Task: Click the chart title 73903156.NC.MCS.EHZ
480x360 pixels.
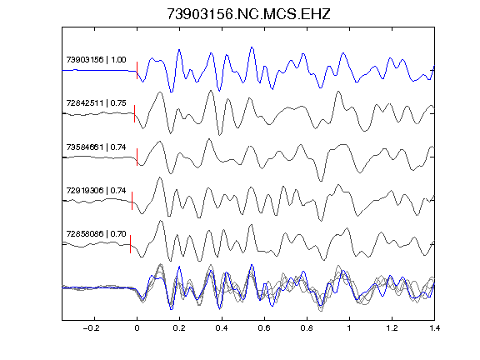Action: pos(248,14)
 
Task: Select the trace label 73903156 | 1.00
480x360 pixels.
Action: pos(96,59)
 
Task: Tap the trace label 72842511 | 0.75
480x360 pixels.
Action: pos(96,102)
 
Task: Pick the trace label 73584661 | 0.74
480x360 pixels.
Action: pos(96,147)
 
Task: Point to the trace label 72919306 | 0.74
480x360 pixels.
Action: pos(96,190)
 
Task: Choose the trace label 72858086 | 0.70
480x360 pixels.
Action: pos(96,234)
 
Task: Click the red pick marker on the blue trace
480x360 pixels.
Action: pos(137,70)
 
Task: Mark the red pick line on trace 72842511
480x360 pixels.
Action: pos(134,114)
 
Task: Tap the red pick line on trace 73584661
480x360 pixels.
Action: pos(137,157)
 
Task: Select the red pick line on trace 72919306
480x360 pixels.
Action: pos(132,201)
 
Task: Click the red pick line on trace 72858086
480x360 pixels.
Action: pos(130,244)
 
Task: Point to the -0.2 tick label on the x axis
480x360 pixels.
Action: pos(91,328)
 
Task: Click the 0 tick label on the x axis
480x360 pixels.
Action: pos(137,328)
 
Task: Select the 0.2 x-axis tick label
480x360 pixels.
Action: pos(179,328)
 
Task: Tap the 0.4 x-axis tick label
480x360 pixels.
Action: pos(222,328)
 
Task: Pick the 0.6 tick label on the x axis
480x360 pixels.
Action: pos(264,328)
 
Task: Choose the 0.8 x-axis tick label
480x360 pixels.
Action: pos(307,328)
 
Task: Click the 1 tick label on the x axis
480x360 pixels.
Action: pos(349,328)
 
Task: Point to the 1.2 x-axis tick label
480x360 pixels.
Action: pos(392,328)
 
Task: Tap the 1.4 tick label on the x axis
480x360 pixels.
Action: pos(434,328)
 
